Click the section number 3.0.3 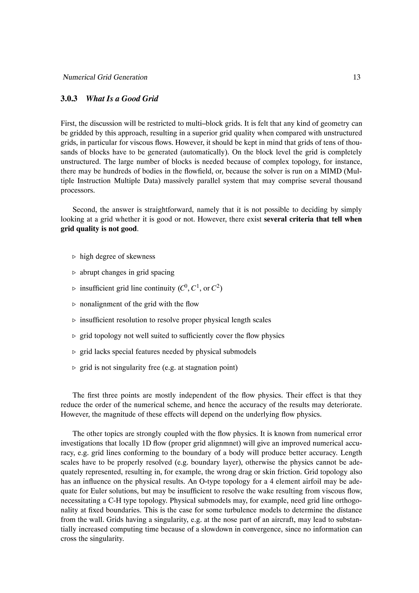tap(69, 99)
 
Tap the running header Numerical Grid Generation tap(105, 77)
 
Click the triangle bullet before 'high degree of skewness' tap(74, 257)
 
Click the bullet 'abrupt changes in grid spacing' tap(127, 272)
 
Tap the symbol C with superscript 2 tap(216, 288)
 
